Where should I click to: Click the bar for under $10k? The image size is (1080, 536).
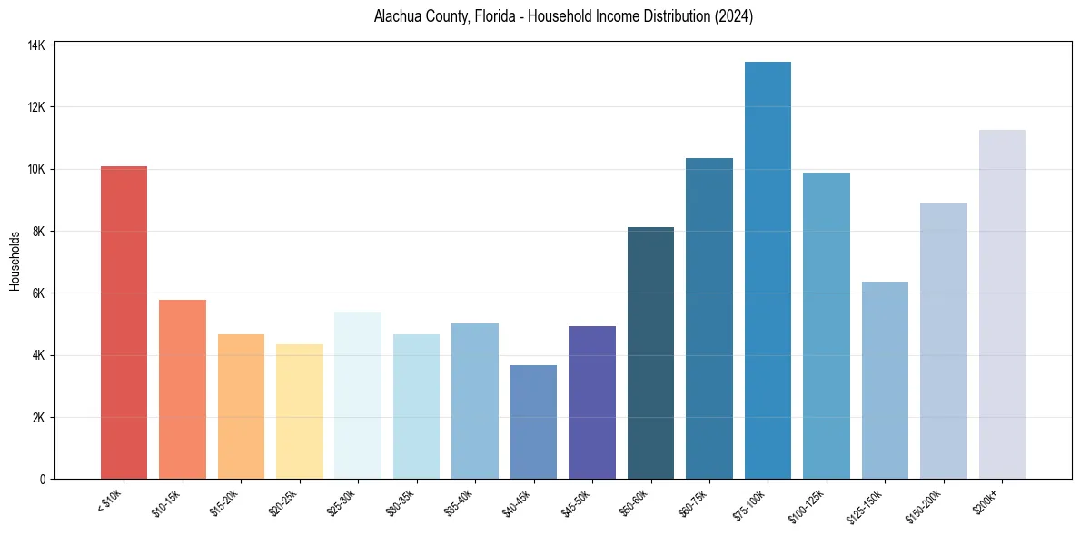point(124,323)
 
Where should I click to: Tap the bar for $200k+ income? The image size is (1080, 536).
point(1002,304)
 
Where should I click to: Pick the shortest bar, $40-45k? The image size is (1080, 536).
point(533,422)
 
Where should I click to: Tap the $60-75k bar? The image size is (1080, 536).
point(708,318)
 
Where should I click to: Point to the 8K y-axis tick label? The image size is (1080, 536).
point(39,231)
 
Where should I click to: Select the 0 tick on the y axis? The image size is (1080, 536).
point(43,479)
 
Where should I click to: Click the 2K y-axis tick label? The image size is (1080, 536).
point(39,417)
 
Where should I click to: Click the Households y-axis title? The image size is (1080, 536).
point(15,262)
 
